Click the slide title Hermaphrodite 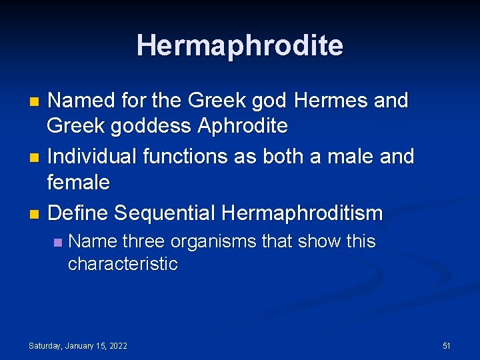[x=240, y=45]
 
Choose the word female [x=79, y=181]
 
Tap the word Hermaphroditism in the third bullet [x=302, y=213]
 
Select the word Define [x=78, y=213]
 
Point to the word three [x=147, y=241]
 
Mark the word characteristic [x=123, y=264]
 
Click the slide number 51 [x=447, y=345]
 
